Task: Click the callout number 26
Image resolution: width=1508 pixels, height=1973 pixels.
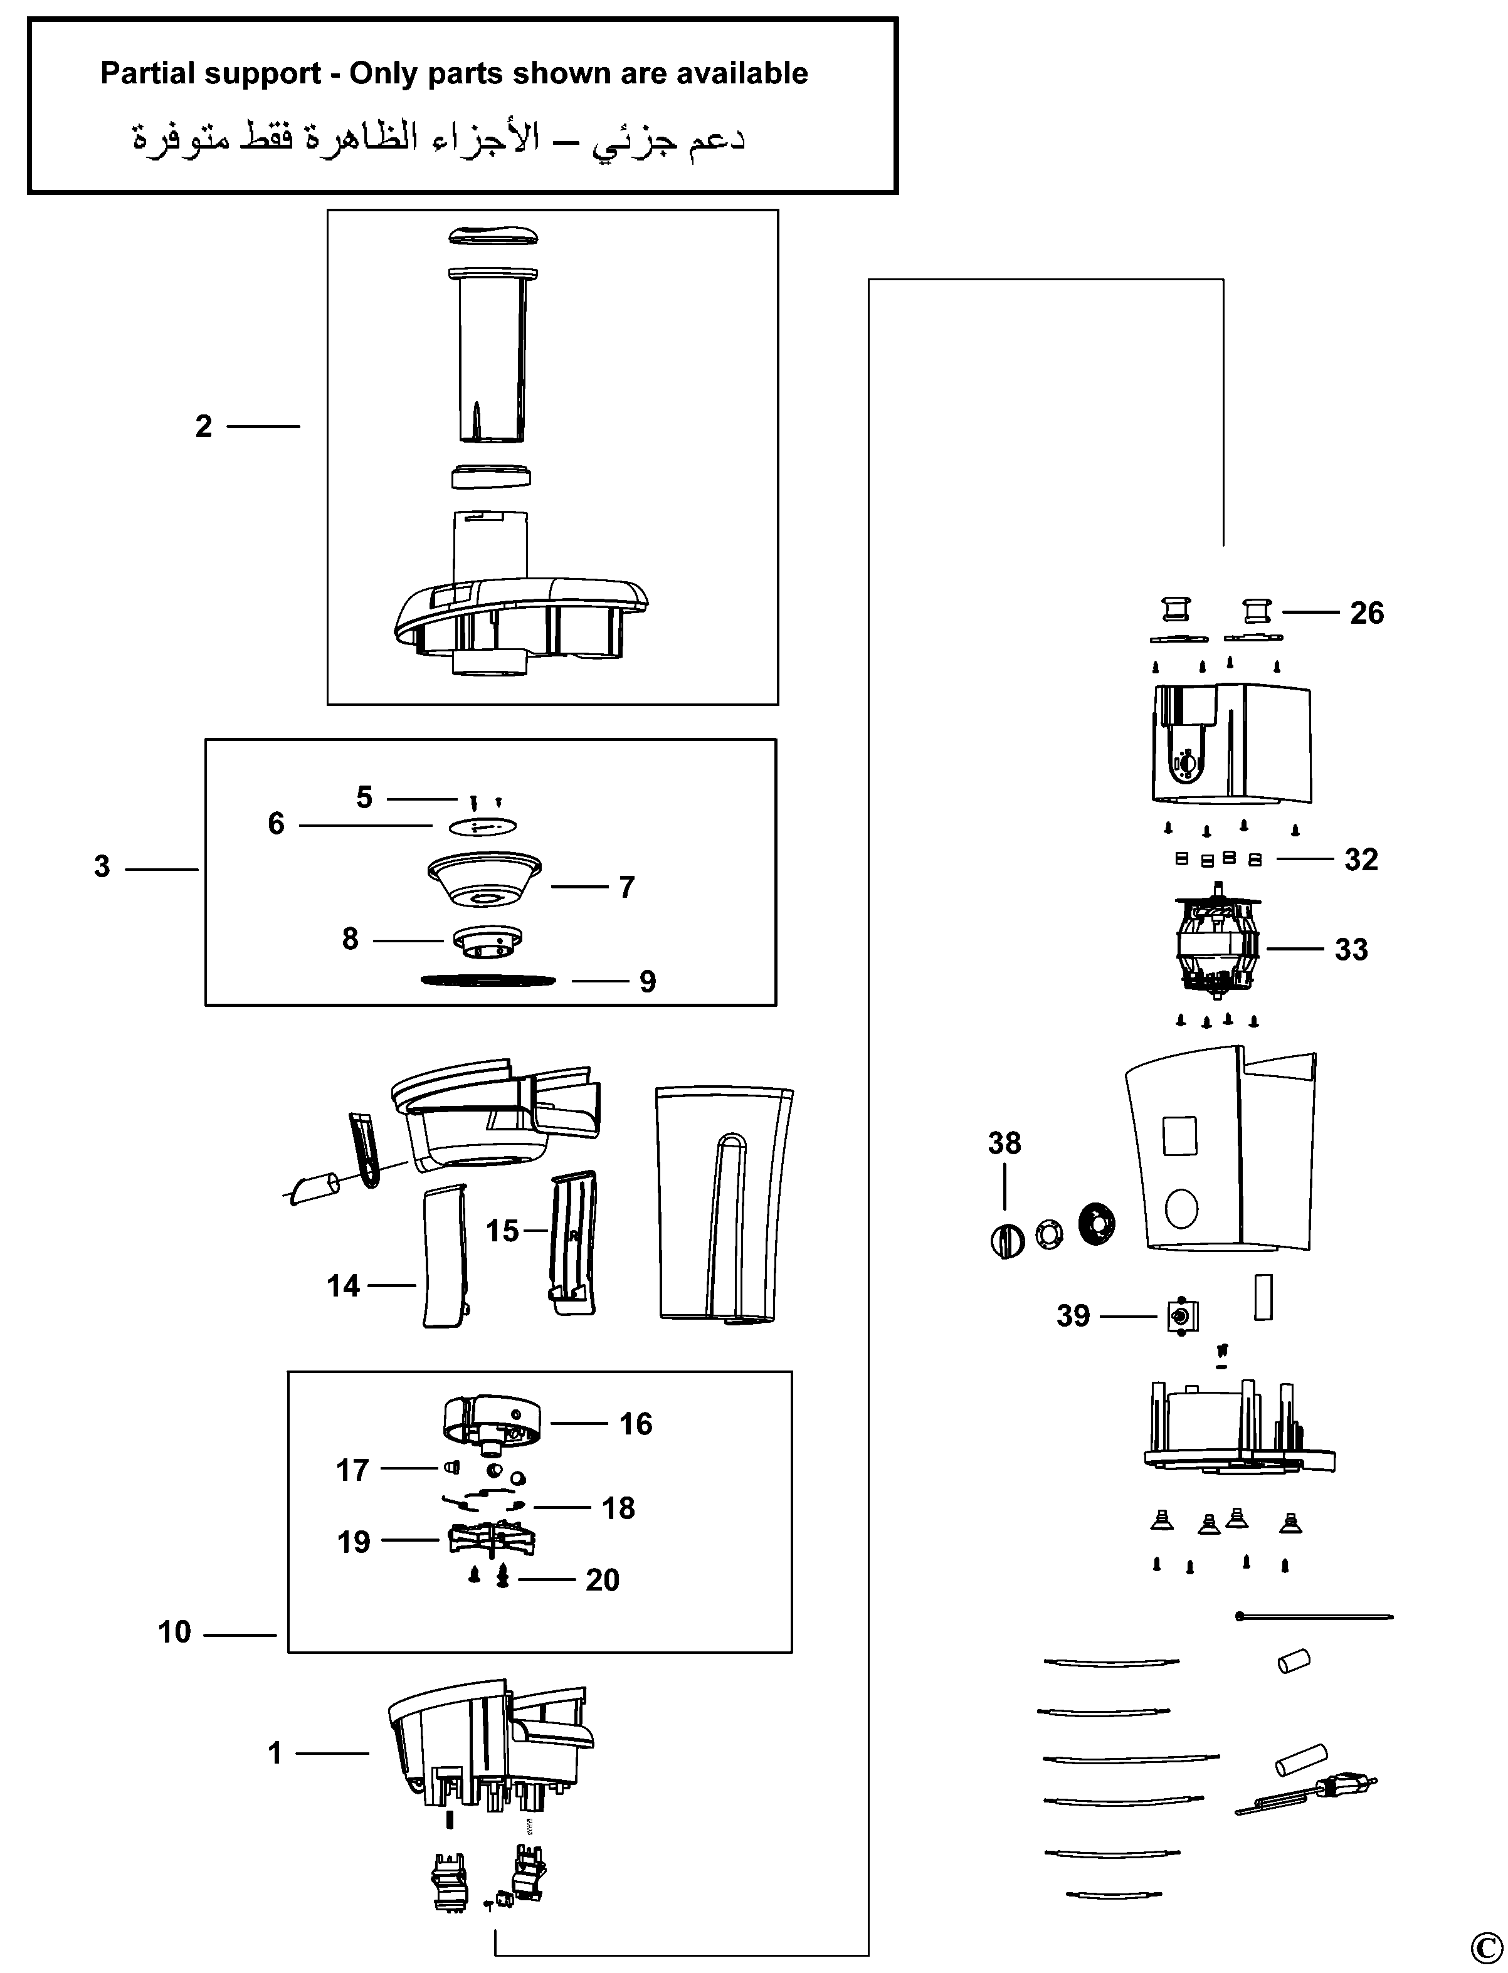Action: [x=1366, y=613]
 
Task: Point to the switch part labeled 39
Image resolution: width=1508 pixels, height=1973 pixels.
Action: [x=1182, y=1317]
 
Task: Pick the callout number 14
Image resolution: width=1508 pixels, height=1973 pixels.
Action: [x=343, y=1286]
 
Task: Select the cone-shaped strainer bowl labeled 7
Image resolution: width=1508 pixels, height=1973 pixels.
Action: [x=485, y=881]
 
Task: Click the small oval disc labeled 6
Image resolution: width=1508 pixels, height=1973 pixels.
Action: [x=482, y=826]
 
